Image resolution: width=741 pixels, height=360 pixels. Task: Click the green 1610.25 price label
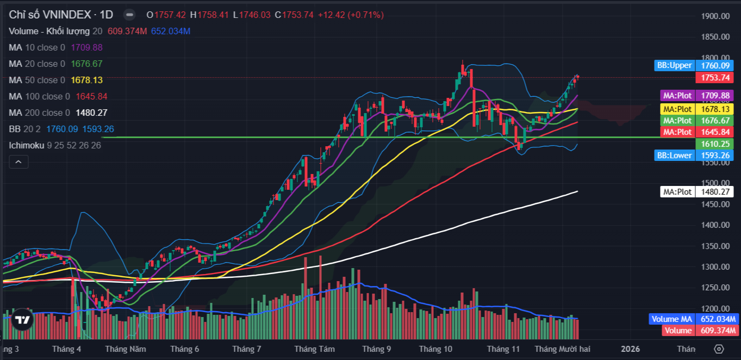click(x=714, y=144)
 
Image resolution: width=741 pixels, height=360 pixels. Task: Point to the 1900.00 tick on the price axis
click(x=715, y=16)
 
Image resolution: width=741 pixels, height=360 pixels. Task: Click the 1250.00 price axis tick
click(x=715, y=288)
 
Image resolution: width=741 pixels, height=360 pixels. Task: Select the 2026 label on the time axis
click(x=630, y=349)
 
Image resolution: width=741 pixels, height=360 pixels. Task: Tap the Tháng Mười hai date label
click(x=562, y=349)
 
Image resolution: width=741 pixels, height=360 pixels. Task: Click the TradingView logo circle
click(x=22, y=320)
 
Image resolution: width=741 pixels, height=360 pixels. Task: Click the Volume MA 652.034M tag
click(x=693, y=319)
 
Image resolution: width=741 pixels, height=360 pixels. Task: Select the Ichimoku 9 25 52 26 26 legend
click(x=55, y=145)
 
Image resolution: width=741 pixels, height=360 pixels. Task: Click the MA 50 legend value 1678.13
click(x=86, y=80)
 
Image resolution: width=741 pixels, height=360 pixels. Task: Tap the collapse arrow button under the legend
click(x=18, y=162)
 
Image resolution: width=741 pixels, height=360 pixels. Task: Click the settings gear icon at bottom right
click(x=719, y=349)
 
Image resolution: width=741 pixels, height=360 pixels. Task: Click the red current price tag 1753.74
click(x=714, y=78)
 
